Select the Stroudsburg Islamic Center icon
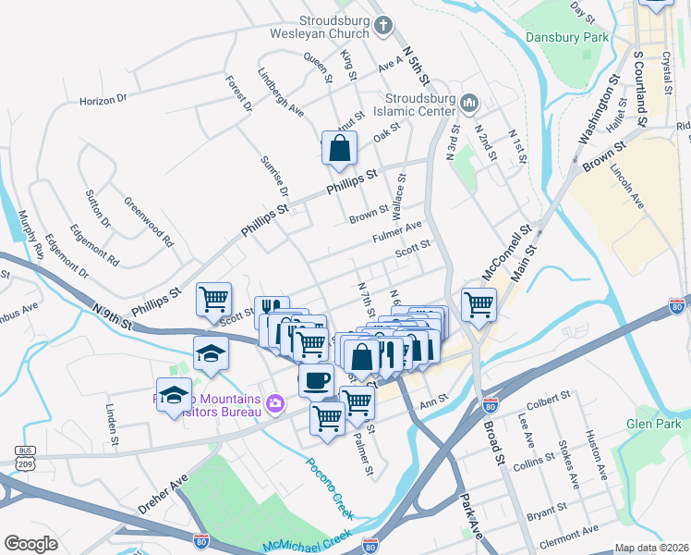pyautogui.click(x=468, y=101)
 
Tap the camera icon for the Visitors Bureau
pyautogui.click(x=274, y=403)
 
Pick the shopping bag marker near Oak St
pyautogui.click(x=339, y=147)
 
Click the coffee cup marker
pyautogui.click(x=316, y=379)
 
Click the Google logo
pyautogui.click(x=30, y=544)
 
